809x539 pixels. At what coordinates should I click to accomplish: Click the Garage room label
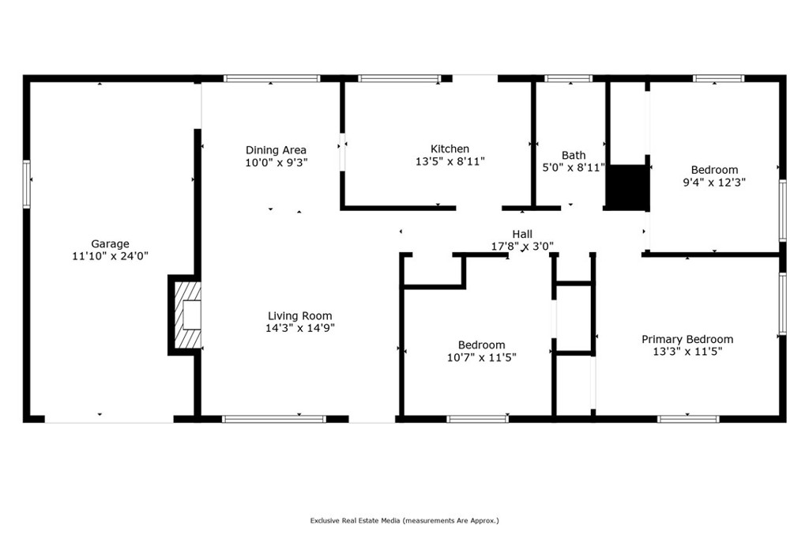tap(110, 244)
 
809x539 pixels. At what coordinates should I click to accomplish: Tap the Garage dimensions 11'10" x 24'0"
tap(110, 256)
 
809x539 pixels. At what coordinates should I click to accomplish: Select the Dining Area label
tap(276, 150)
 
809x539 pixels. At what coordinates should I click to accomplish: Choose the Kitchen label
tap(450, 149)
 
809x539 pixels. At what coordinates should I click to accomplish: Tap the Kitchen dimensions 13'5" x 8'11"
tap(450, 161)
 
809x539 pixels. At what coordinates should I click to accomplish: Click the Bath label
tap(574, 155)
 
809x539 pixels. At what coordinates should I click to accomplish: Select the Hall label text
tap(522, 234)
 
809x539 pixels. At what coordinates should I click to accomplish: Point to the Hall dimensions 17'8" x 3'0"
tap(522, 247)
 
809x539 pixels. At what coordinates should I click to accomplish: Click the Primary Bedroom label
tap(687, 339)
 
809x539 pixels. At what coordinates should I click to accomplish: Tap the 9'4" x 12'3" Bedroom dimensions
tap(714, 182)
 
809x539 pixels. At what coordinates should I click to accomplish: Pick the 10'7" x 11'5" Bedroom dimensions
tap(481, 357)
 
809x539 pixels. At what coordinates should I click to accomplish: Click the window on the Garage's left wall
tap(27, 184)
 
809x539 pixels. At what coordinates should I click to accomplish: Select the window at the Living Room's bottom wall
tap(273, 419)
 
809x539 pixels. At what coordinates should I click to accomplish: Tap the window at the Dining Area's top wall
tap(272, 78)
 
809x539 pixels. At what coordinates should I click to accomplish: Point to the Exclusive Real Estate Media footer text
tap(404, 521)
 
